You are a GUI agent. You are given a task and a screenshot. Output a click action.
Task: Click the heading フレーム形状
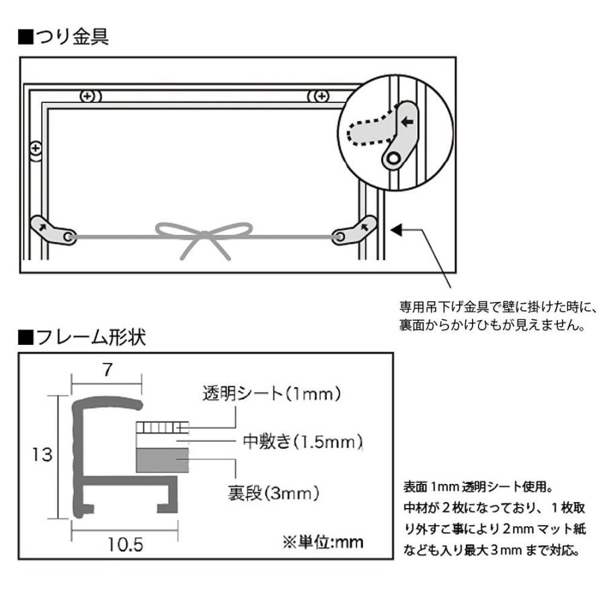tap(81, 337)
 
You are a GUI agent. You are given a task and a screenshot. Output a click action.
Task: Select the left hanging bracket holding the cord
tap(54, 231)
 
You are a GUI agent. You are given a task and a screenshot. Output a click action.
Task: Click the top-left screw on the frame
tap(89, 96)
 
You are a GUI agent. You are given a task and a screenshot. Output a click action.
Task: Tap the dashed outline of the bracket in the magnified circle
tap(367, 130)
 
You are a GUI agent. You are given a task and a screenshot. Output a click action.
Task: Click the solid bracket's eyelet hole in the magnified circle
tap(393, 159)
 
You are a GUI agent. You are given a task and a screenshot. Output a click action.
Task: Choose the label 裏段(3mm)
tap(269, 493)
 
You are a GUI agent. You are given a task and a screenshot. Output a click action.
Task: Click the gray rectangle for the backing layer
tap(162, 460)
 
